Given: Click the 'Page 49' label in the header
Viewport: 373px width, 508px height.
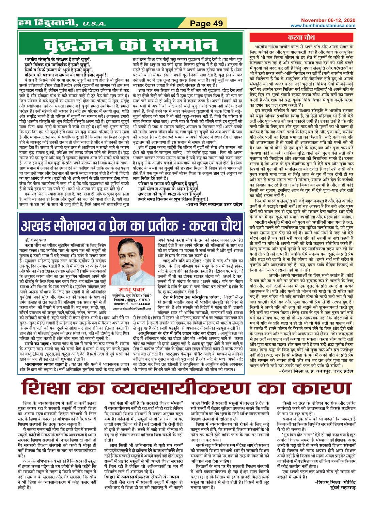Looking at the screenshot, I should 206,23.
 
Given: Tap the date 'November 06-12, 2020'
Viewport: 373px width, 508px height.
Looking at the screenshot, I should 328,20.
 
